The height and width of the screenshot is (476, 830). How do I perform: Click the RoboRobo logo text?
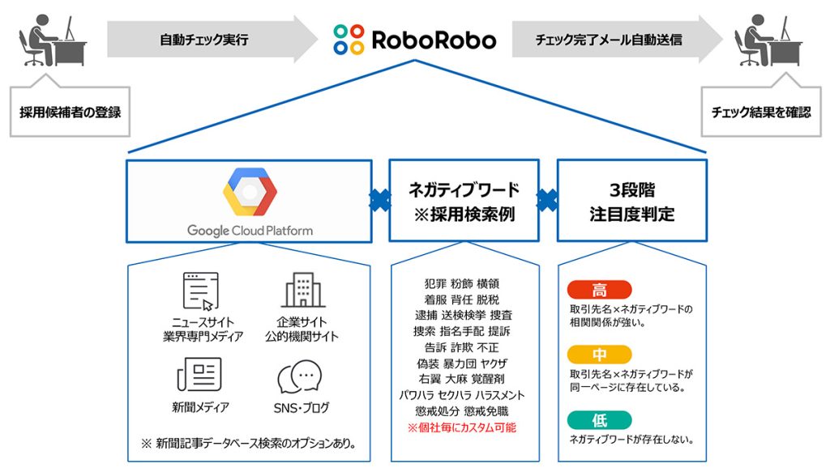[434, 38]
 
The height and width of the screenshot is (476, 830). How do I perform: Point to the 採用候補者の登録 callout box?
[70, 112]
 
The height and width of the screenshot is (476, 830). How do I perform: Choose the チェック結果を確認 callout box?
[760, 112]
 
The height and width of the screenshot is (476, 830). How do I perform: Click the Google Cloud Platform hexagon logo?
[250, 193]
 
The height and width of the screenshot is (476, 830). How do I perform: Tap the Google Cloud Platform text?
[250, 230]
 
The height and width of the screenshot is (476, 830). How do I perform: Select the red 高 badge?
[600, 290]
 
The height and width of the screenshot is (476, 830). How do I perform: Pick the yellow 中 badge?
[600, 355]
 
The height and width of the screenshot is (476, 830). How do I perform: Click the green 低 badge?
[600, 419]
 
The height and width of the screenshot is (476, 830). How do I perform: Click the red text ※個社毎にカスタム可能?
[462, 427]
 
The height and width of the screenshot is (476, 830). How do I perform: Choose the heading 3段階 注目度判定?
[631, 202]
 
